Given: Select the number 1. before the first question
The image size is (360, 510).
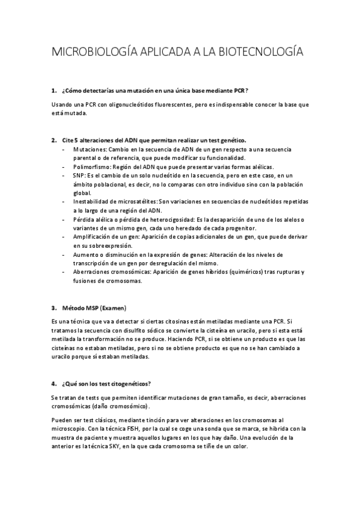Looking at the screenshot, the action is [x=54, y=91].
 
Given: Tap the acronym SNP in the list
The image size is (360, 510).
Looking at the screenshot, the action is [x=79, y=175].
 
